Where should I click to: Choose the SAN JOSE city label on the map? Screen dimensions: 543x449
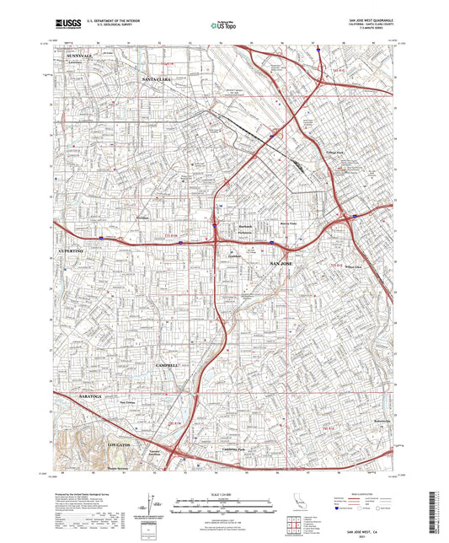coord(284,265)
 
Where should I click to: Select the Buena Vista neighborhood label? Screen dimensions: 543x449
coord(289,223)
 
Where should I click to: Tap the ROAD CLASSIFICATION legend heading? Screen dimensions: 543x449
coord(371,495)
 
